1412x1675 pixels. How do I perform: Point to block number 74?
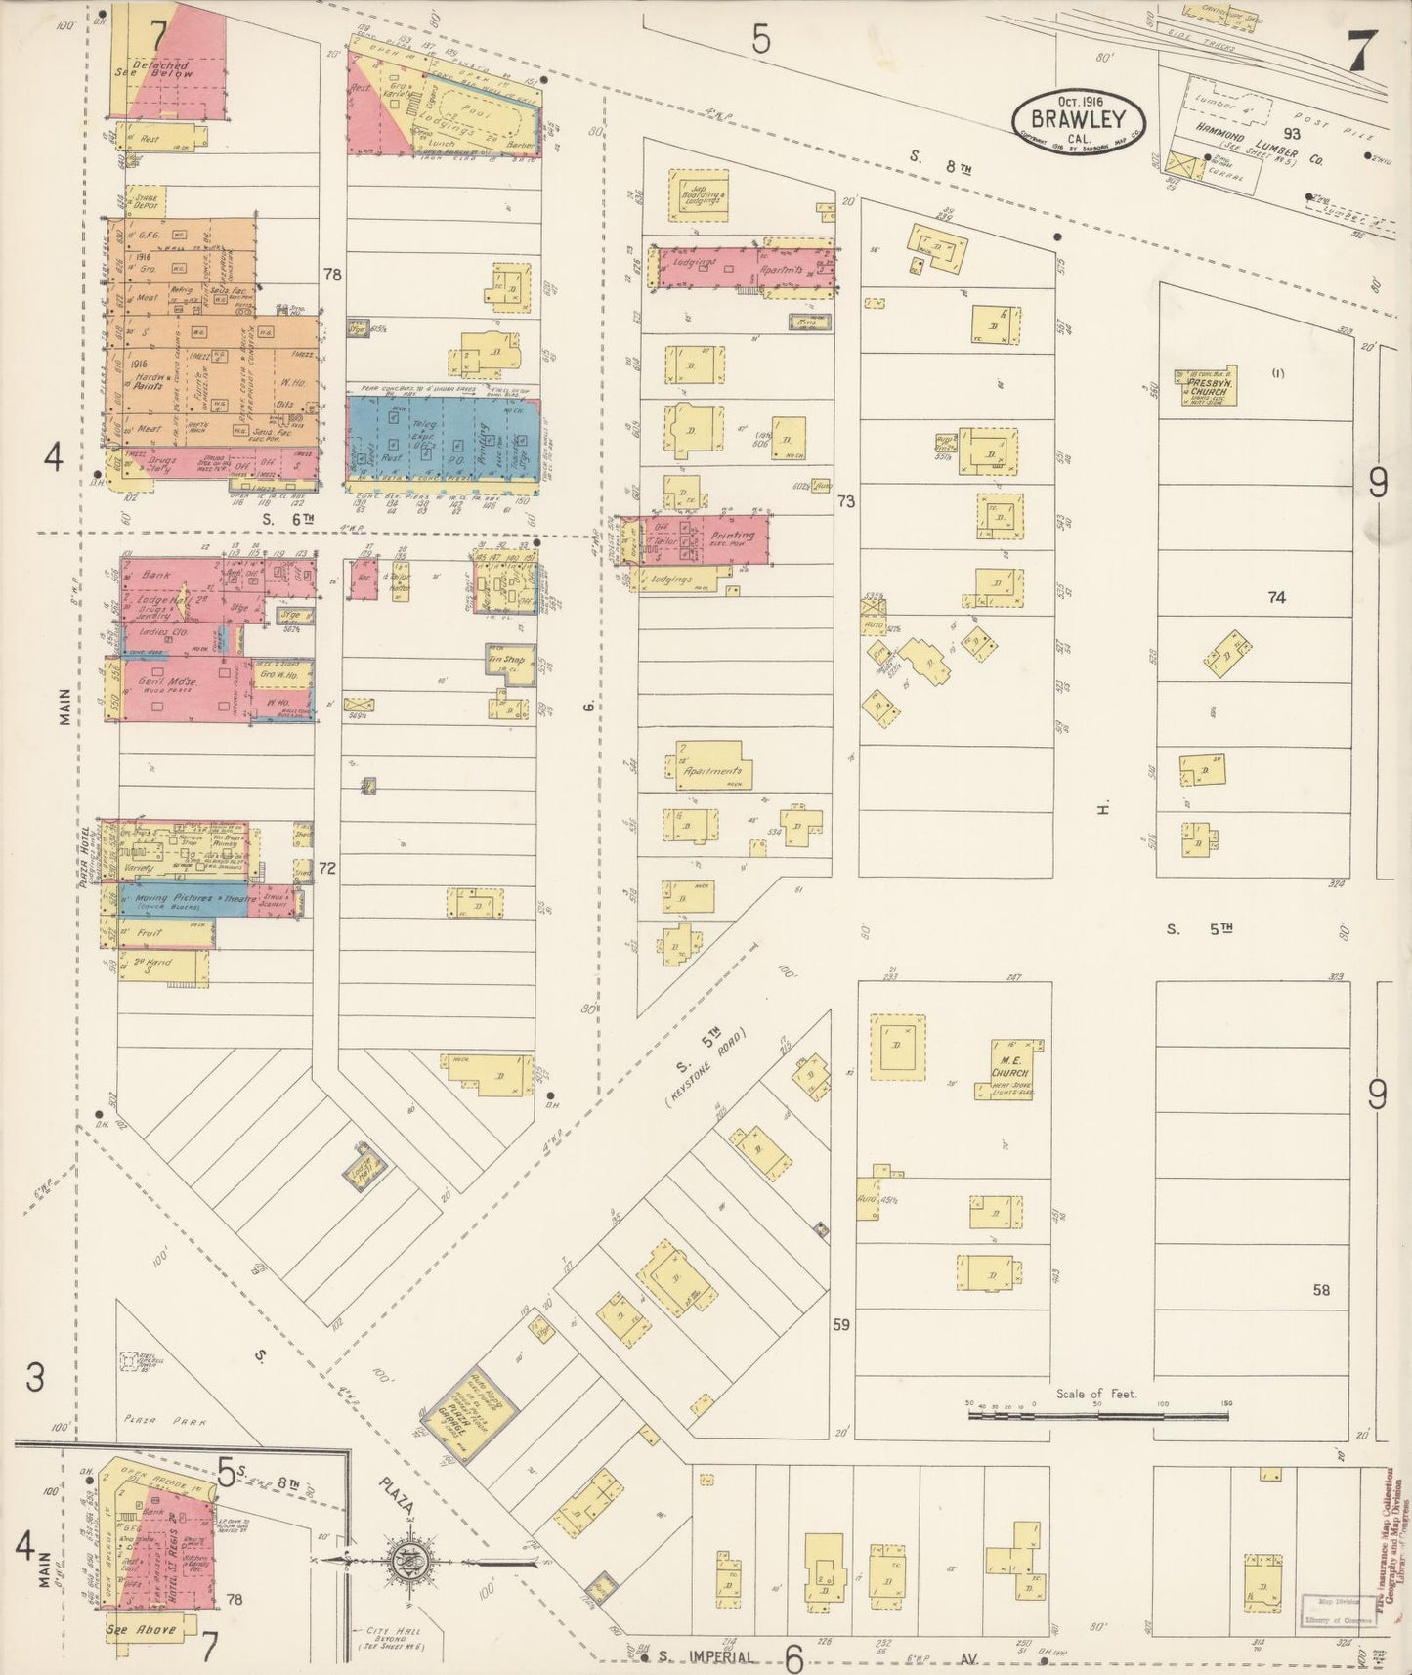1276,597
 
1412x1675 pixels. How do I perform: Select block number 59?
841,1326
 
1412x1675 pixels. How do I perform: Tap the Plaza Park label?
165,1423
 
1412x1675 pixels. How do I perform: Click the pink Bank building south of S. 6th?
161,575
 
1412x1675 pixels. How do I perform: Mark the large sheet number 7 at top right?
1360,51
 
